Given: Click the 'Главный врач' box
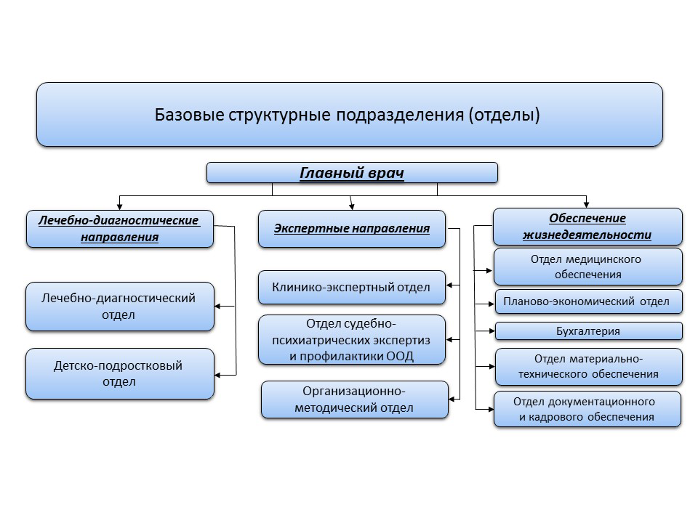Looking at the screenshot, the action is coord(352,173).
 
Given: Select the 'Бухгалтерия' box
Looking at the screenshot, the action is coord(588,331).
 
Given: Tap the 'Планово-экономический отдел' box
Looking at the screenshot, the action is coord(588,301).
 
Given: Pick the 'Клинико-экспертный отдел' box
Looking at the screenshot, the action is coord(352,288).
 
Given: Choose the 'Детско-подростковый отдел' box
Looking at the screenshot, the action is coord(120,373).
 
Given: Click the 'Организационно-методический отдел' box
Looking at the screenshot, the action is coord(354,400).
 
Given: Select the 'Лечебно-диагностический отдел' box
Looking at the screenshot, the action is coord(120,307).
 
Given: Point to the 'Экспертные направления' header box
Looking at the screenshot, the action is coord(352,229).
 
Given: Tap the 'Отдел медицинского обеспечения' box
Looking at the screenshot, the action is coord(588,267).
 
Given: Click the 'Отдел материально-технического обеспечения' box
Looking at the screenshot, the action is coord(588,366).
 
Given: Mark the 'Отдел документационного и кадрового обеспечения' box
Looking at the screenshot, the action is coord(587,409).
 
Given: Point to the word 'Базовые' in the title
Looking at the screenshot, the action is coord(189,115).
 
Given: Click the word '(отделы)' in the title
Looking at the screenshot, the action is coord(504,115).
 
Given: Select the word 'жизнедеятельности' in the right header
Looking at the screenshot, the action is coord(587,235).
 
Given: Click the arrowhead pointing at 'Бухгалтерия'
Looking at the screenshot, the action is coord(492,331).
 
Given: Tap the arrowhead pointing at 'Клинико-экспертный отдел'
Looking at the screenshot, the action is coord(449,285).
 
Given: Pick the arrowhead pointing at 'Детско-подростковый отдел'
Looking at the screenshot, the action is coord(217,375).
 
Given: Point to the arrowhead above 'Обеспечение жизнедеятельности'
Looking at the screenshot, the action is coord(586,205).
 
